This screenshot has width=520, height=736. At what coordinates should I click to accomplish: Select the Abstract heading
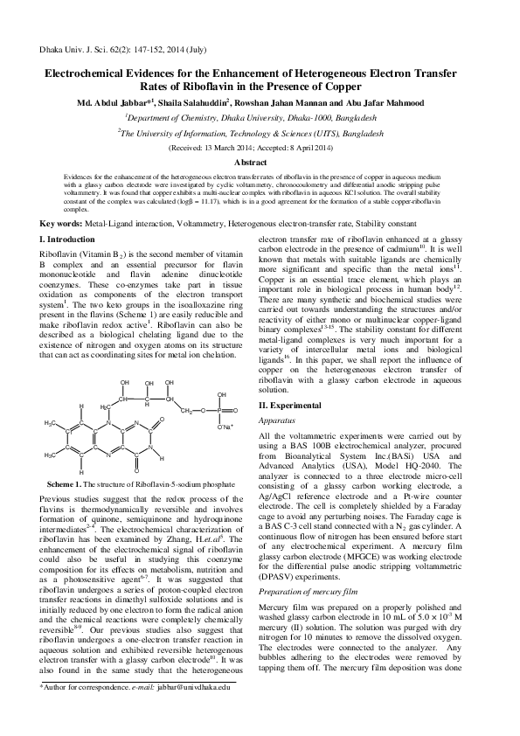click(260, 163)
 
